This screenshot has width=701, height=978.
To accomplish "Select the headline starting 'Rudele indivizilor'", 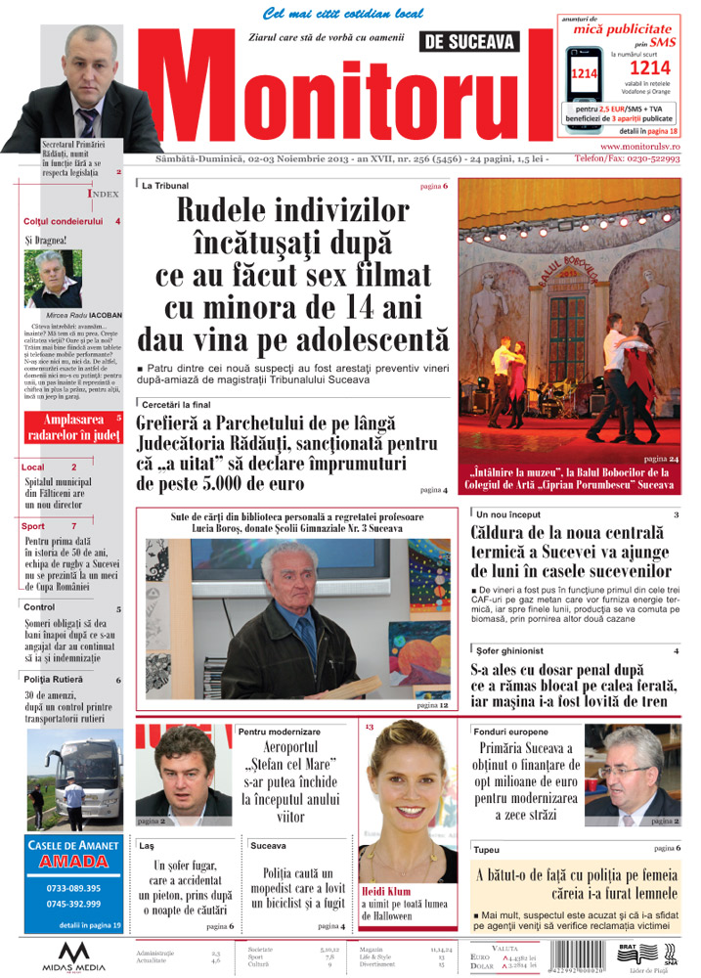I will click(x=298, y=274).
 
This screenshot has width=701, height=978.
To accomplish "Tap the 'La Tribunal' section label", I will click(x=165, y=185).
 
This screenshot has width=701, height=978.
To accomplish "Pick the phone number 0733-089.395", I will click(x=73, y=888).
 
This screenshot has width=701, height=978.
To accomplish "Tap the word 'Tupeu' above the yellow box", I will click(x=485, y=849).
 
